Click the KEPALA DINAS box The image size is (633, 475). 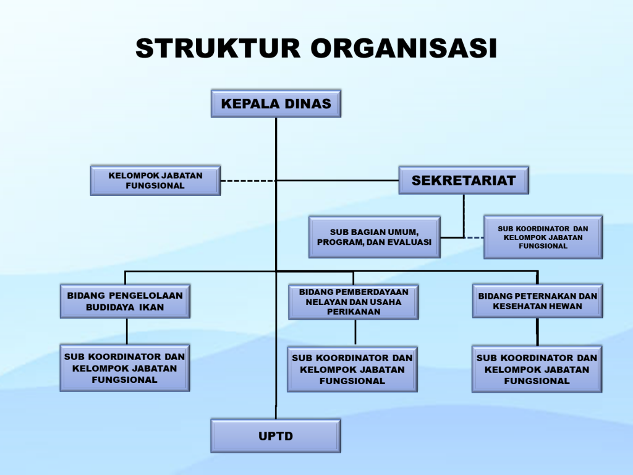[x=276, y=103]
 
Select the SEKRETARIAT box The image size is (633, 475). [x=463, y=181]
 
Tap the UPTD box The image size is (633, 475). [x=276, y=436]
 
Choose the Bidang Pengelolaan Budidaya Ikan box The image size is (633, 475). [x=125, y=301]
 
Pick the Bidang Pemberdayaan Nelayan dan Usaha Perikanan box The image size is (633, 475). [x=353, y=302]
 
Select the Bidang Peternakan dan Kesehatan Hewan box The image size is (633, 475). [x=537, y=301]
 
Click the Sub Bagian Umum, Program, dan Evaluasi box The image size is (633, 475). [x=375, y=237]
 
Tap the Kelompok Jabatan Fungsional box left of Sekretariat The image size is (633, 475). [x=155, y=181]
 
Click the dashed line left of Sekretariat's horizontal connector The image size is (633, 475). [x=248, y=181]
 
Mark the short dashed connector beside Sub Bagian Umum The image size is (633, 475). [x=474, y=237]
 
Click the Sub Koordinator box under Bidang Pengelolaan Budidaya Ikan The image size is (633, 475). [x=124, y=368]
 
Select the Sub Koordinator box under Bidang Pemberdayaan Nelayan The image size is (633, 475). [x=352, y=369]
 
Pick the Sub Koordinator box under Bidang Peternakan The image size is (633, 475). [x=537, y=369]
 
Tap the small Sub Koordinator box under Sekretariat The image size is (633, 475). [x=543, y=237]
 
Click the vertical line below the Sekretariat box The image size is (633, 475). [x=464, y=213]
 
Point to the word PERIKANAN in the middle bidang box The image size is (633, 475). [x=354, y=312]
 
